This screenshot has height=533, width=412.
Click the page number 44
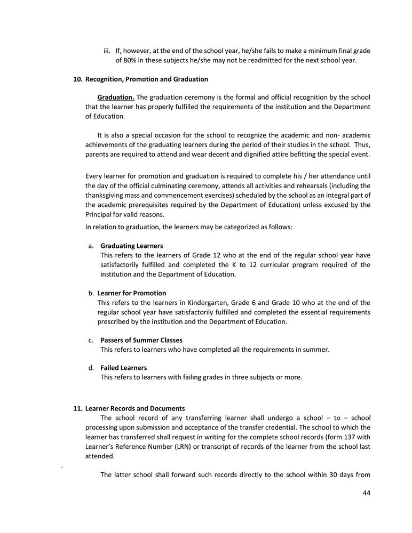(x=366, y=493)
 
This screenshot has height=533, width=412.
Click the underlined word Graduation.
(x=115, y=98)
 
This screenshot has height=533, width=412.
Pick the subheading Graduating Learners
(x=132, y=246)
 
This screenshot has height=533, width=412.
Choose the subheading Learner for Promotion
(x=132, y=293)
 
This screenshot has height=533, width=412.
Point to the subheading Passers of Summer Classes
(x=141, y=340)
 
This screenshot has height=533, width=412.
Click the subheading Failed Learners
(x=124, y=368)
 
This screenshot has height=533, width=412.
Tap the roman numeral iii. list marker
(x=106, y=51)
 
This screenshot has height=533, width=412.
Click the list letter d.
(x=91, y=368)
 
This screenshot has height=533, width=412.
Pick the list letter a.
(x=91, y=246)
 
